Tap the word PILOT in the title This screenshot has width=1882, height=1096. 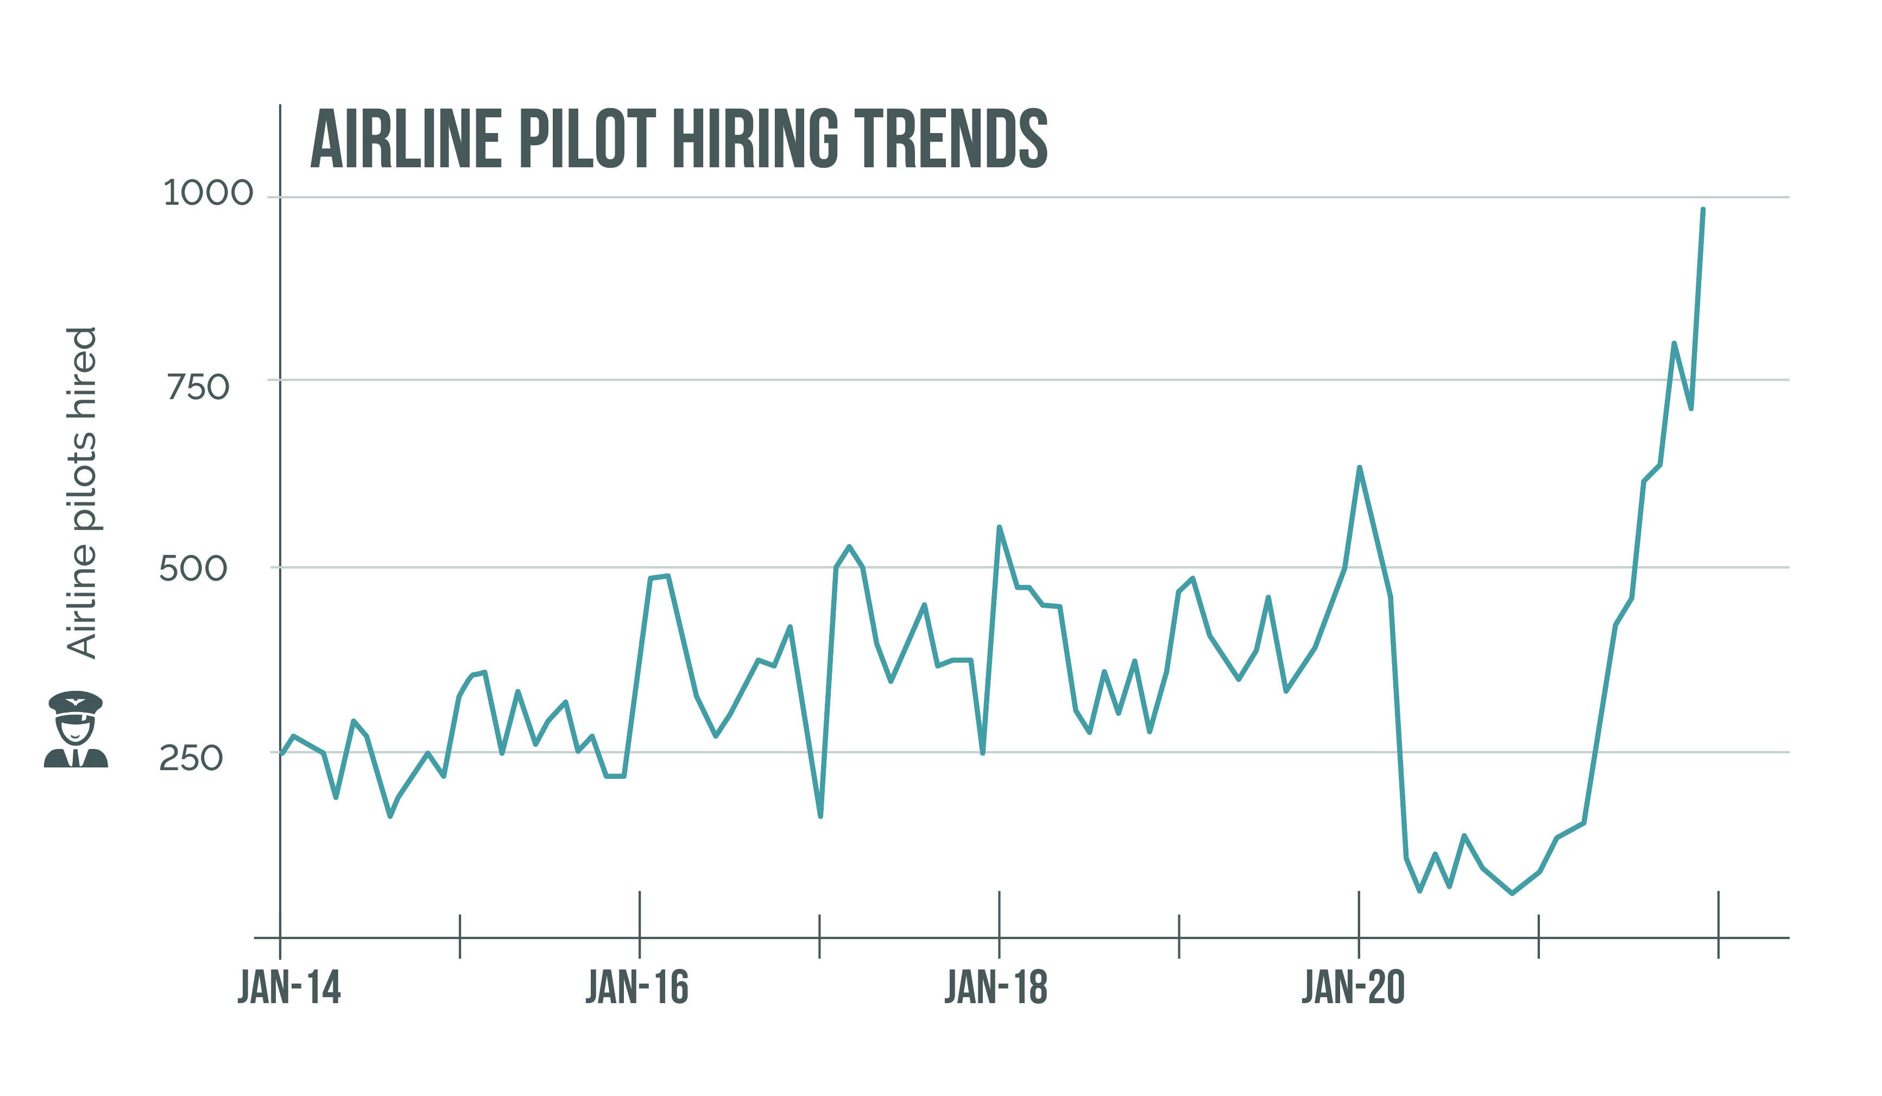[x=587, y=139]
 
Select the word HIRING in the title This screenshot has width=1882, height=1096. [x=754, y=139]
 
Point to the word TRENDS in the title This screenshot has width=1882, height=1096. [x=950, y=139]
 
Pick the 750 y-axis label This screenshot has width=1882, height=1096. [x=198, y=388]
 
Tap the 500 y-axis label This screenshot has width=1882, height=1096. [x=193, y=569]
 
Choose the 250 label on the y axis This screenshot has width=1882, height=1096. [x=191, y=758]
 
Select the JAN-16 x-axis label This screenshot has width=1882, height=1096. [x=636, y=988]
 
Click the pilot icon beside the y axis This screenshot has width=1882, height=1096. [x=75, y=729]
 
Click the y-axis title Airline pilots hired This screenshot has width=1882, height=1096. [x=82, y=493]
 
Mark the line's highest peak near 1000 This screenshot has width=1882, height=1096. [x=1702, y=210]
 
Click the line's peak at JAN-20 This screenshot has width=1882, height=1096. [x=1359, y=468]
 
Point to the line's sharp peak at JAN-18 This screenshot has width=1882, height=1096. [x=999, y=527]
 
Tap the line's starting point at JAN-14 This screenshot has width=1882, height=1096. [x=282, y=754]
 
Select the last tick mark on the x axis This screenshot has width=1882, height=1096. [x=1719, y=924]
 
